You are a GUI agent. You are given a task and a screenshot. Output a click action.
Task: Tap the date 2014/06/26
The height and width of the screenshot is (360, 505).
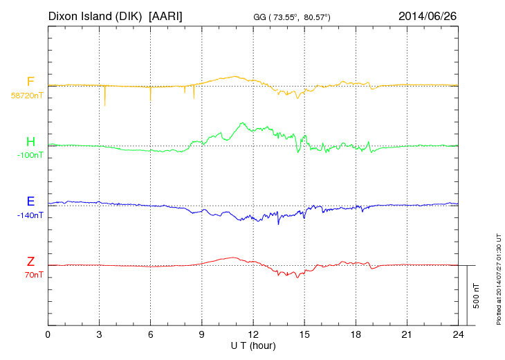tap(428, 15)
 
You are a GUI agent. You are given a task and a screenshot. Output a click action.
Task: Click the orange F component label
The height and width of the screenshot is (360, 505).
tap(30, 82)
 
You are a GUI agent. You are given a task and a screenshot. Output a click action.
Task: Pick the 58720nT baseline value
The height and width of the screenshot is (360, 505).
tap(26, 96)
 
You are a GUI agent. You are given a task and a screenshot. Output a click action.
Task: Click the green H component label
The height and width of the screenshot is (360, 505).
tap(30, 142)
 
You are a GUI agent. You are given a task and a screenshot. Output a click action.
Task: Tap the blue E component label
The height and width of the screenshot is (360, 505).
tap(30, 201)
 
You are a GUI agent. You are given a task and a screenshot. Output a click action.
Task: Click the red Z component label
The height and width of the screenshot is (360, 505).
tap(30, 262)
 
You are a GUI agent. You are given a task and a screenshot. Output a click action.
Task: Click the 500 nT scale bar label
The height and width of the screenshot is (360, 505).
tap(477, 295)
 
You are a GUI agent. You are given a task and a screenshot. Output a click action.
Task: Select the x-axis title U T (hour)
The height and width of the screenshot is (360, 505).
tap(253, 345)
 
